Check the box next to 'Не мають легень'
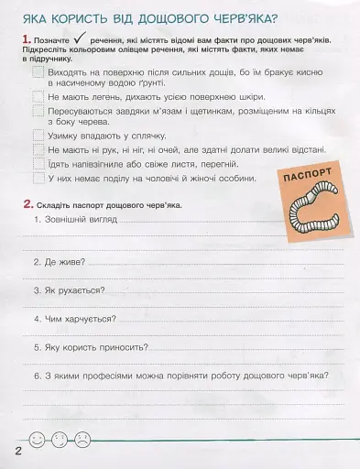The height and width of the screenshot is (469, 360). (38, 96)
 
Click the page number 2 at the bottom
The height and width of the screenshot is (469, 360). (16, 453)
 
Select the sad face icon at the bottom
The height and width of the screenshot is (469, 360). (83, 441)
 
